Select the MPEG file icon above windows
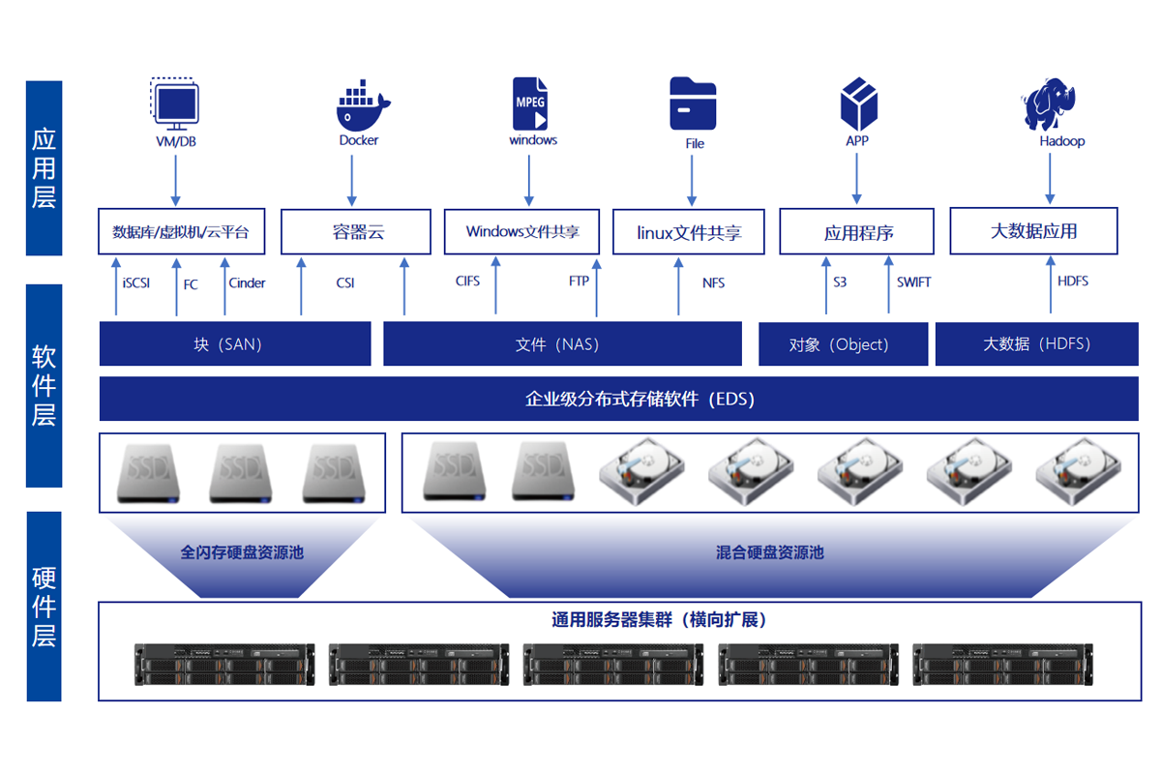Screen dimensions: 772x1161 click(x=529, y=104)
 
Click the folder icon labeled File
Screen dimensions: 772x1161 click(x=693, y=104)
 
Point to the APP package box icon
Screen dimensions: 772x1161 click(x=858, y=104)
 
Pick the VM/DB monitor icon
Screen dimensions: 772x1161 click(x=176, y=104)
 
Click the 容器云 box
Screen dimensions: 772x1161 click(x=356, y=232)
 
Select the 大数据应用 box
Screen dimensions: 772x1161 click(x=1033, y=231)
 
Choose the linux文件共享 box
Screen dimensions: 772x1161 click(x=689, y=233)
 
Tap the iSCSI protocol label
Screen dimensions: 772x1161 click(x=136, y=283)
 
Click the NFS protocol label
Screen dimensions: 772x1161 click(x=714, y=283)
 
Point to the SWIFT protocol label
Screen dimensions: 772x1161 click(x=913, y=282)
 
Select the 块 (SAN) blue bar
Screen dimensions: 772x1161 click(x=235, y=344)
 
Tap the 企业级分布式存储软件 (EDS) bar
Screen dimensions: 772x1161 click(x=619, y=399)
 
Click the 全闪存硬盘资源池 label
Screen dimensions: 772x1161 click(x=242, y=552)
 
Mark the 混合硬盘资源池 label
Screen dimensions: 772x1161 click(x=770, y=552)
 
